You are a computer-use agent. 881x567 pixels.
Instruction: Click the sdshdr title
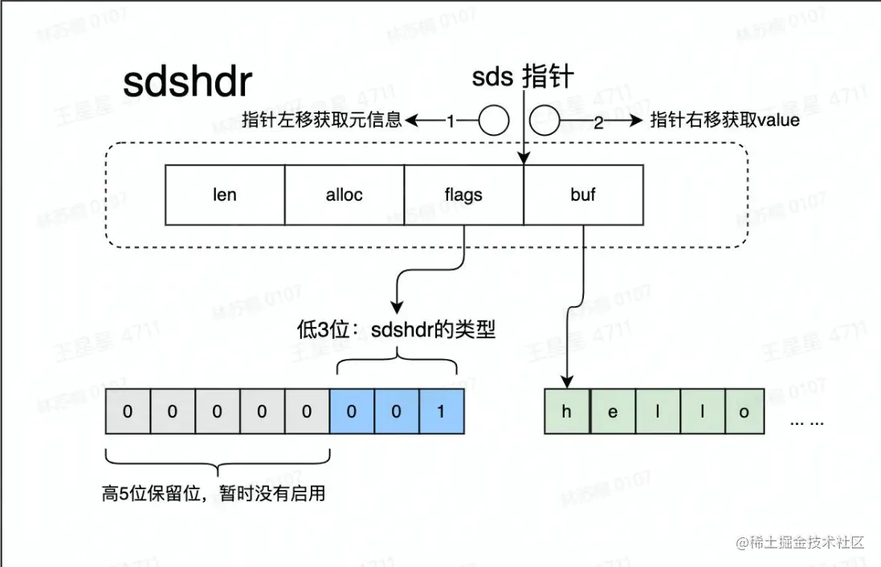tap(187, 82)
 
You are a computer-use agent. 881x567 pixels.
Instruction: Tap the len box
tap(225, 194)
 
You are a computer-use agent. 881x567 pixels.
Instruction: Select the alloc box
tap(345, 194)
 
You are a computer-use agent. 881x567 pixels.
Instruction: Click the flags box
tap(463, 194)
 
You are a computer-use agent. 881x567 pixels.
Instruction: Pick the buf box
tap(583, 194)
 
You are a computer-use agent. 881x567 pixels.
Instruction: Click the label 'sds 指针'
tap(523, 77)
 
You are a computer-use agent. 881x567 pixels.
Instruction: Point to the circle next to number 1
tap(494, 121)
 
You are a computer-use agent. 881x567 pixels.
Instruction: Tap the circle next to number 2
tap(545, 121)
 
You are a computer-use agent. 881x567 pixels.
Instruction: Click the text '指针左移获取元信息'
tap(322, 121)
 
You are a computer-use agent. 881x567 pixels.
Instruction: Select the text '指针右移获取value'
tap(724, 121)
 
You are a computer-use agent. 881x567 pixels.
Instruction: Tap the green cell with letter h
tap(566, 412)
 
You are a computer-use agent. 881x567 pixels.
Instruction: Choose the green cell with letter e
tap(613, 412)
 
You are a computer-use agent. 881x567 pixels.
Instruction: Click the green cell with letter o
tap(744, 412)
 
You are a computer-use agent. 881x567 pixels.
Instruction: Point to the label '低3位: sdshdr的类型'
tap(396, 329)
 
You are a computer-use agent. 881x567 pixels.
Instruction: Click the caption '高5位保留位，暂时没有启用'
tap(214, 493)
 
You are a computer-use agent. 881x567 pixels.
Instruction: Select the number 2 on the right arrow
tap(598, 121)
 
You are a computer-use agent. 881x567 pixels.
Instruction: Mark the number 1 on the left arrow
tap(451, 121)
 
